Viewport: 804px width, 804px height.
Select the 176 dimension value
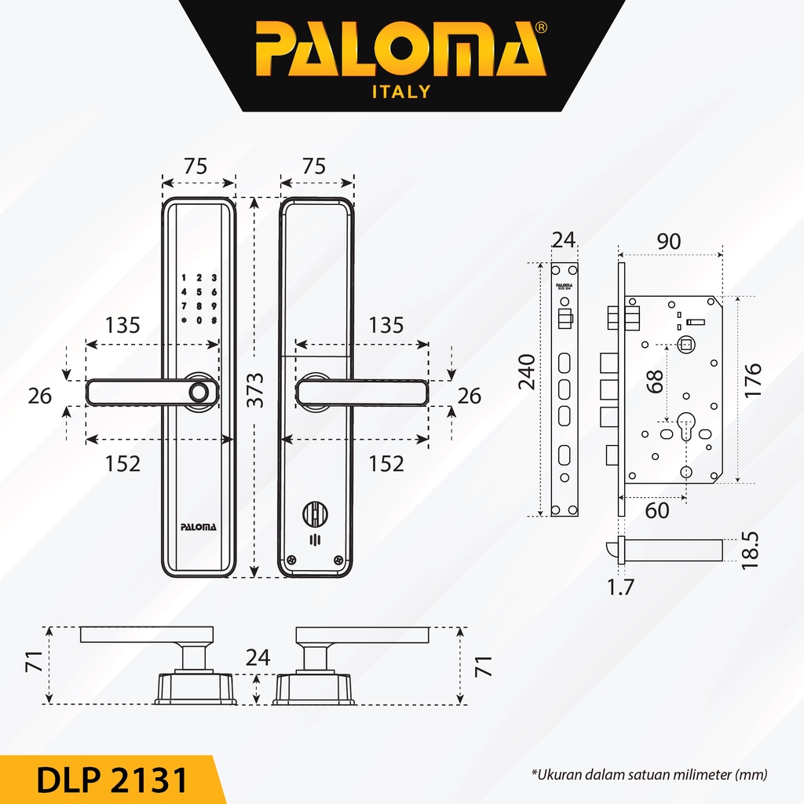point(753,381)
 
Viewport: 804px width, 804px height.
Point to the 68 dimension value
point(656,381)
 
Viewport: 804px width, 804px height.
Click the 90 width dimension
point(668,242)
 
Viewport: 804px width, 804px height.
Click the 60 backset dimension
point(657,510)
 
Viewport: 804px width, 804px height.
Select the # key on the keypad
point(213,320)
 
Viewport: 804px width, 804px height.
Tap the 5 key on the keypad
point(199,292)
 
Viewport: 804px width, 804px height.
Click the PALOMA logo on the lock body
point(198,527)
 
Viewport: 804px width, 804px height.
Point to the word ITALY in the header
point(400,92)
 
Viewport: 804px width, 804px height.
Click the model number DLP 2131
point(111,780)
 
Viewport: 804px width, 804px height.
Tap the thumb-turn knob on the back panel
point(316,515)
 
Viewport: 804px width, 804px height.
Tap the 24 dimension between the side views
point(257,658)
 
